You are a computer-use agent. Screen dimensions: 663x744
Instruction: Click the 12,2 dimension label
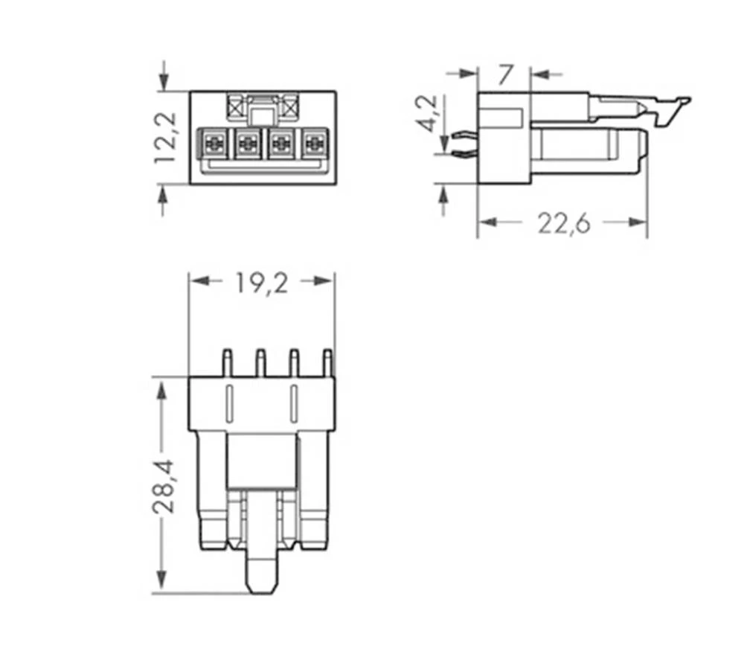click(164, 137)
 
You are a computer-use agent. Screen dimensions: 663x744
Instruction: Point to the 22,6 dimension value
click(563, 222)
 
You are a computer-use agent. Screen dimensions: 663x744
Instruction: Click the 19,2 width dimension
click(261, 282)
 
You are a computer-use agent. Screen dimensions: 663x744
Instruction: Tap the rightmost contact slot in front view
click(315, 142)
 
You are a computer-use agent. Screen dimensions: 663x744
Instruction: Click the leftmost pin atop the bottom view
click(227, 362)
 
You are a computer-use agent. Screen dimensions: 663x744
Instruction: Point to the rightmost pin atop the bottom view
click(327, 362)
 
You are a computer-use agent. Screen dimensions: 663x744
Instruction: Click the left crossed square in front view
click(237, 108)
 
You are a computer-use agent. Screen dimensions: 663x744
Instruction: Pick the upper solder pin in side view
click(461, 135)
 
